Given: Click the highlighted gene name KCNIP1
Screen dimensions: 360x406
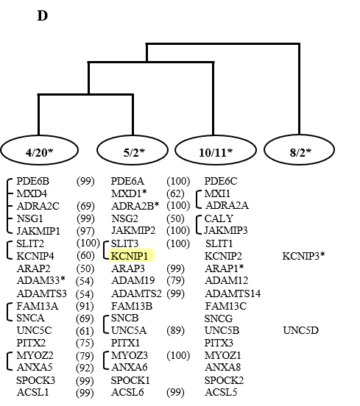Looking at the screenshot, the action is pos(130,256).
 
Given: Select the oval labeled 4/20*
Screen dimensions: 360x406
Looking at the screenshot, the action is pos(40,150).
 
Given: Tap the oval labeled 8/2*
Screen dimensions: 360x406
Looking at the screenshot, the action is pos(300,150).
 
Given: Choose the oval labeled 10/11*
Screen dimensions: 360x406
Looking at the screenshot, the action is pos(216,150).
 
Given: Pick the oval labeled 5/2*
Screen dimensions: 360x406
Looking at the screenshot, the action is pos(133,150).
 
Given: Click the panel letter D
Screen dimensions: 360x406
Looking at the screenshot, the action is pos(43,15).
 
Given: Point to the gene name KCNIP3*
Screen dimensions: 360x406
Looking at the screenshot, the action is pos(303,256).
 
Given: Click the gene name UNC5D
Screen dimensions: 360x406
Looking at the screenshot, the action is pos(300,330).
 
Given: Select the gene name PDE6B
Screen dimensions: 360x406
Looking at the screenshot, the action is pos(32,181).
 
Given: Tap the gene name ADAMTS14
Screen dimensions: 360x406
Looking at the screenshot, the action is pos(233,293).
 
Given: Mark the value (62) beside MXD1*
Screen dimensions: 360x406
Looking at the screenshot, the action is pos(175,193).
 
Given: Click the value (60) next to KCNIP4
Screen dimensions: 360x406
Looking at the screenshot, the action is pos(86,256).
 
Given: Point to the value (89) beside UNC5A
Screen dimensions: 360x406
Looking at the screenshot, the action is pos(176,330).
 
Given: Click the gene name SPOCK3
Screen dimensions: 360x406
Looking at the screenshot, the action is pos(36,380).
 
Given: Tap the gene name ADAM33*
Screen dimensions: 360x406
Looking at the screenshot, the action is pos(41,280).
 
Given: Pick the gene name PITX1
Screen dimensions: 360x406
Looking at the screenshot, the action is pos(125,343).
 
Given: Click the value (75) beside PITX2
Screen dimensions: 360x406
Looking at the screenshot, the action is pos(85,343).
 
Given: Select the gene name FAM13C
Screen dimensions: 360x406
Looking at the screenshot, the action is pos(226,306).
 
